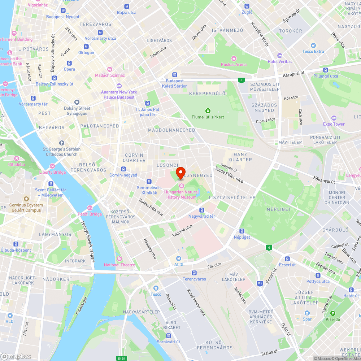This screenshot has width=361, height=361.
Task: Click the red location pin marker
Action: [x=180, y=172]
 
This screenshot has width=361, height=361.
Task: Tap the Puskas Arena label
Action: [x=234, y=65]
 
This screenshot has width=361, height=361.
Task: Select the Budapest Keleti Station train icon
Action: [x=175, y=74]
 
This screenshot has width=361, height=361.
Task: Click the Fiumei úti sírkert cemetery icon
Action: [x=208, y=110]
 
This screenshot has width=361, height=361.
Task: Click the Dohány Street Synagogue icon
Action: [x=76, y=103]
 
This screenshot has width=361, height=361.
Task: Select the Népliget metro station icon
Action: [x=242, y=231]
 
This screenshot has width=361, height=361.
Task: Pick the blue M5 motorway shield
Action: [x=260, y=283]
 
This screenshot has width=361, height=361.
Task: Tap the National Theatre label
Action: [x=119, y=265]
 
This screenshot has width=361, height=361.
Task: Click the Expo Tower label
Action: [x=334, y=124]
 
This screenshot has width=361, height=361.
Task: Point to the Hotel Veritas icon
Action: [x=279, y=56]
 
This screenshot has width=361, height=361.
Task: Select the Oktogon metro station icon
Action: [x=86, y=47]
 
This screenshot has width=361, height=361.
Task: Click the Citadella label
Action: [x=17, y=164]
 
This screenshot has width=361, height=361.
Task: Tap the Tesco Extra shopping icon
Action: [x=313, y=45]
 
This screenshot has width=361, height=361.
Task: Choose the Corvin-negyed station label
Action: [x=123, y=175]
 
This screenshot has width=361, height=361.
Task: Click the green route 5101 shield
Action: [x=122, y=358]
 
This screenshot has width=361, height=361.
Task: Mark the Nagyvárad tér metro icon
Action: [x=202, y=210]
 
